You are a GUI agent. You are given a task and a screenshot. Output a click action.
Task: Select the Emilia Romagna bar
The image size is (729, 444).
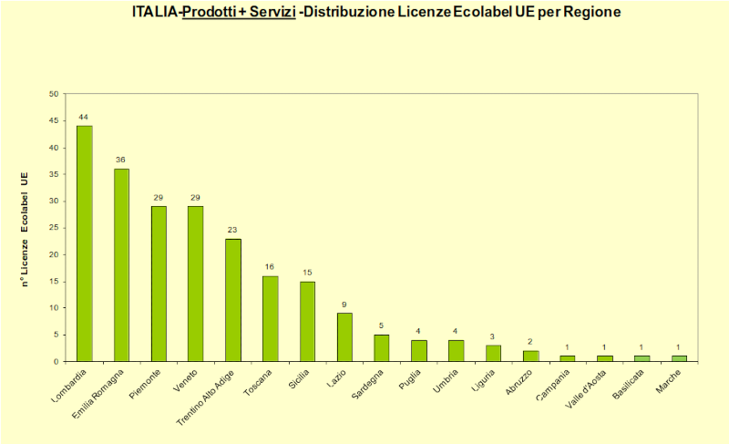(x=121, y=265)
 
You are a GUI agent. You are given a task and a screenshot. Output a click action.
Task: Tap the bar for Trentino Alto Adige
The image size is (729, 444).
(x=233, y=300)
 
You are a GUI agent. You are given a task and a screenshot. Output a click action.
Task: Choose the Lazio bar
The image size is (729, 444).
(x=345, y=337)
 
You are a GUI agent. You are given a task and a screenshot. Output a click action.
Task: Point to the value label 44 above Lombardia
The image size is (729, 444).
(x=84, y=118)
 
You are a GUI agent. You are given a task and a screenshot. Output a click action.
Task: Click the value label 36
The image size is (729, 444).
(x=121, y=160)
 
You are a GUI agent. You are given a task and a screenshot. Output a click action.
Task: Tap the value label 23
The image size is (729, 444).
(x=233, y=230)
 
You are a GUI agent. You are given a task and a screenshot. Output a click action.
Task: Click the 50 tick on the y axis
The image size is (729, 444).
(x=53, y=94)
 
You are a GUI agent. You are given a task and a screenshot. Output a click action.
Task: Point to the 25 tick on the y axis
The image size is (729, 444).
(x=53, y=228)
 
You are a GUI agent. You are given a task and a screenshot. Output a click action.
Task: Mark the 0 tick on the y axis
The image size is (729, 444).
(x=56, y=362)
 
